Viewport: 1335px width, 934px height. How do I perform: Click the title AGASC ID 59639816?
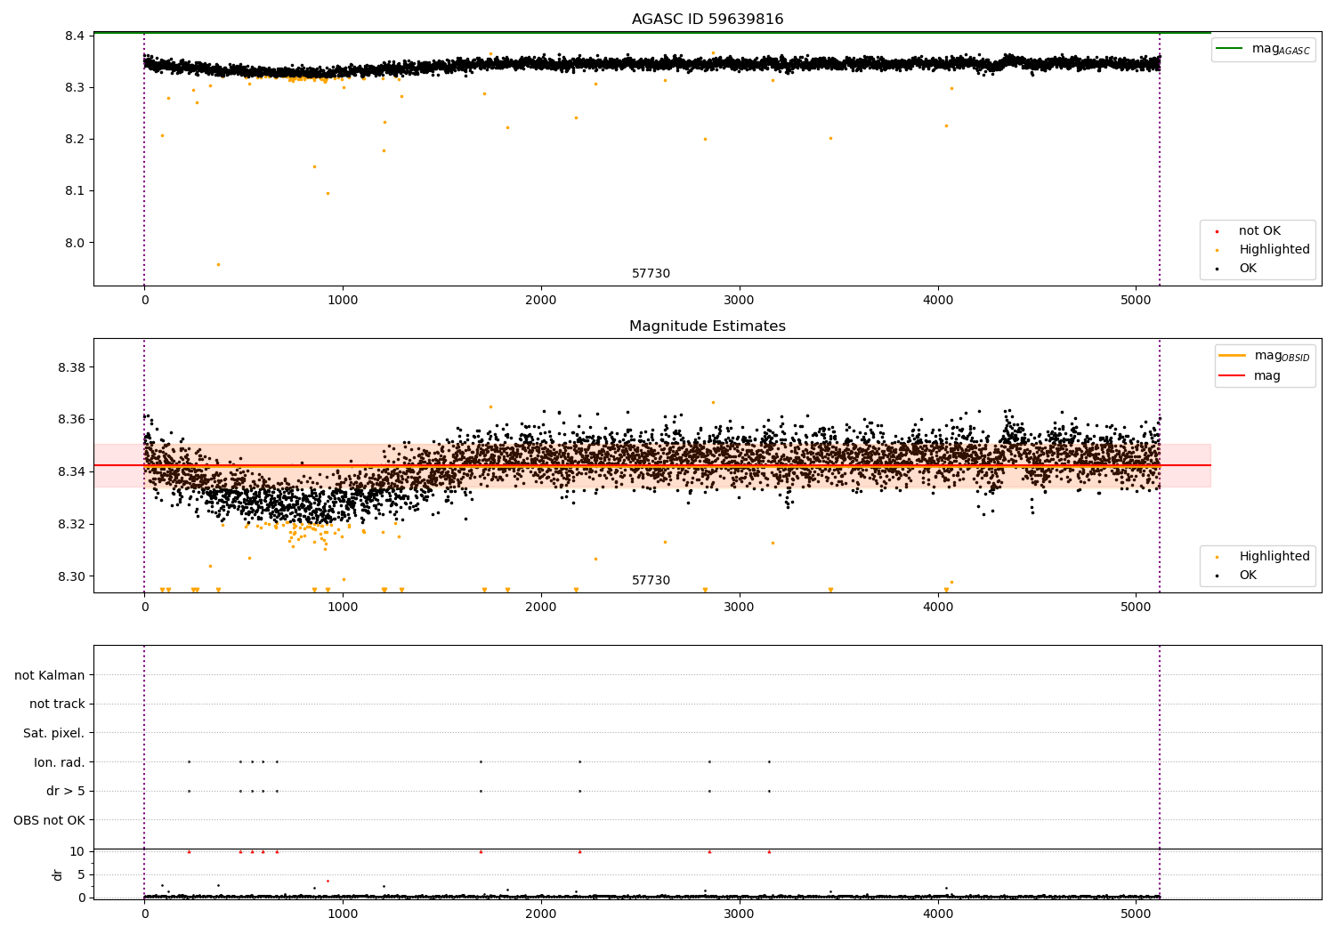point(708,19)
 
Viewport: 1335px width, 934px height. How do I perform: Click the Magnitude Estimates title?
point(708,326)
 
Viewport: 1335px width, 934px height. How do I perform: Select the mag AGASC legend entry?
point(1264,49)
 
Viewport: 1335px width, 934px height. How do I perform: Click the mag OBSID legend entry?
point(1265,356)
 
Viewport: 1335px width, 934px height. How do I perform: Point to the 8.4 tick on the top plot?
point(75,36)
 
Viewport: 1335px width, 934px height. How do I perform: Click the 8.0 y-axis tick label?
point(75,243)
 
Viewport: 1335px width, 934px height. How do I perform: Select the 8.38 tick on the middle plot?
point(71,367)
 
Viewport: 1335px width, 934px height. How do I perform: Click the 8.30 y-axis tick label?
point(71,576)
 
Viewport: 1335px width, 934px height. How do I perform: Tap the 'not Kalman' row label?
point(50,675)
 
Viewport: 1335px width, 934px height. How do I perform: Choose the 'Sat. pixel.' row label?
point(53,733)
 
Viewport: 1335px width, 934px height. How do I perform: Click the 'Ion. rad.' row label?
point(59,761)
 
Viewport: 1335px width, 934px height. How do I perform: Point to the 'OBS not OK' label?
point(50,820)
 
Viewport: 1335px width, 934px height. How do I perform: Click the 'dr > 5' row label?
point(66,791)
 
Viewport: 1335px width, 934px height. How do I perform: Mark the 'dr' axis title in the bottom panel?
point(57,875)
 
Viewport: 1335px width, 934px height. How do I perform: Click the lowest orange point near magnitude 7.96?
point(218,264)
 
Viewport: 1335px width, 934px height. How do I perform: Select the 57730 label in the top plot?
point(651,273)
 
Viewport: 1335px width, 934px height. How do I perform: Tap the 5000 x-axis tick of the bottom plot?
point(1136,914)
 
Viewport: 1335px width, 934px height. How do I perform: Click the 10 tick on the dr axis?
point(77,852)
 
